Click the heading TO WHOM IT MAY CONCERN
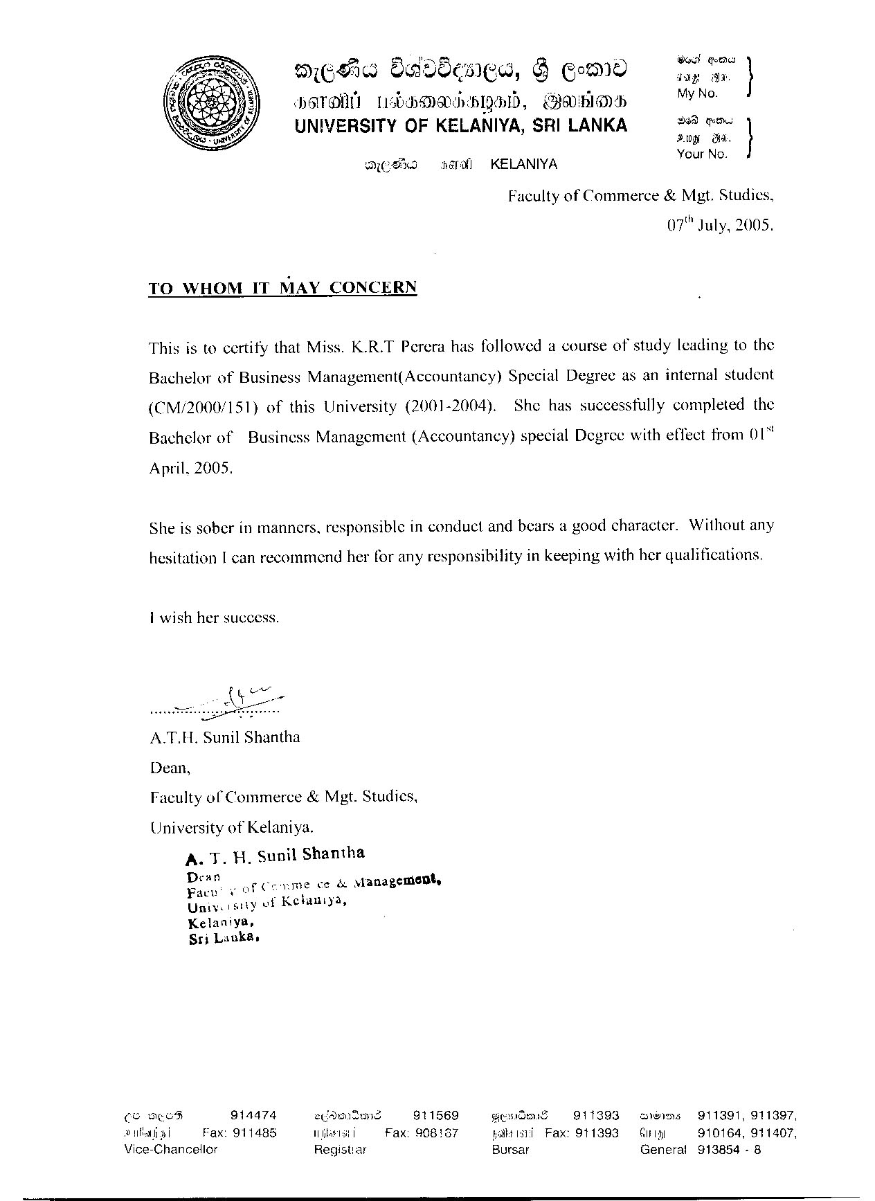pyautogui.click(x=282, y=288)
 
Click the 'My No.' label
pyautogui.click(x=697, y=93)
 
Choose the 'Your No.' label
pyautogui.click(x=702, y=154)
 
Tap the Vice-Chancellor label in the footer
pyautogui.click(x=170, y=1149)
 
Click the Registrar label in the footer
pyautogui.click(x=340, y=1149)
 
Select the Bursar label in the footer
pyautogui.click(x=510, y=1149)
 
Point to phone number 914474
pyautogui.click(x=253, y=1115)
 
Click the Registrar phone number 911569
pyautogui.click(x=436, y=1115)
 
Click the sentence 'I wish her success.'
pyautogui.click(x=215, y=617)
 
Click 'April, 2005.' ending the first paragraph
pyautogui.click(x=191, y=467)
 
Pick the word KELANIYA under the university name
pyautogui.click(x=523, y=165)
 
